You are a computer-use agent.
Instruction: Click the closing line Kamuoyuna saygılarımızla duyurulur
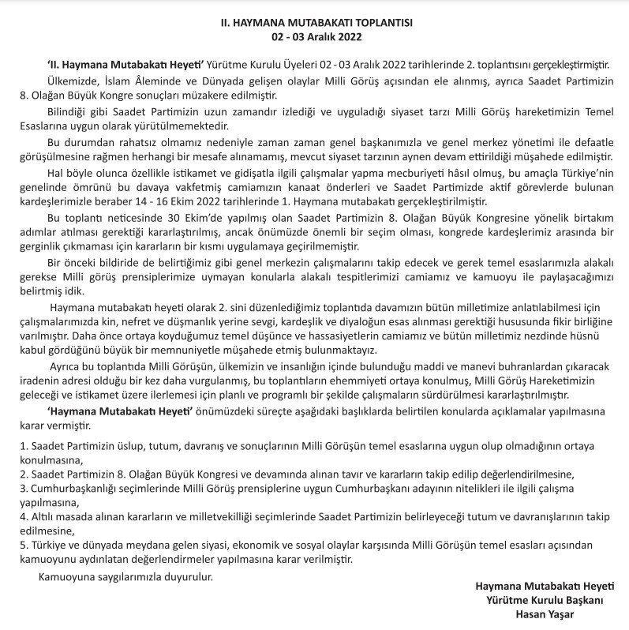[126, 576]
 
